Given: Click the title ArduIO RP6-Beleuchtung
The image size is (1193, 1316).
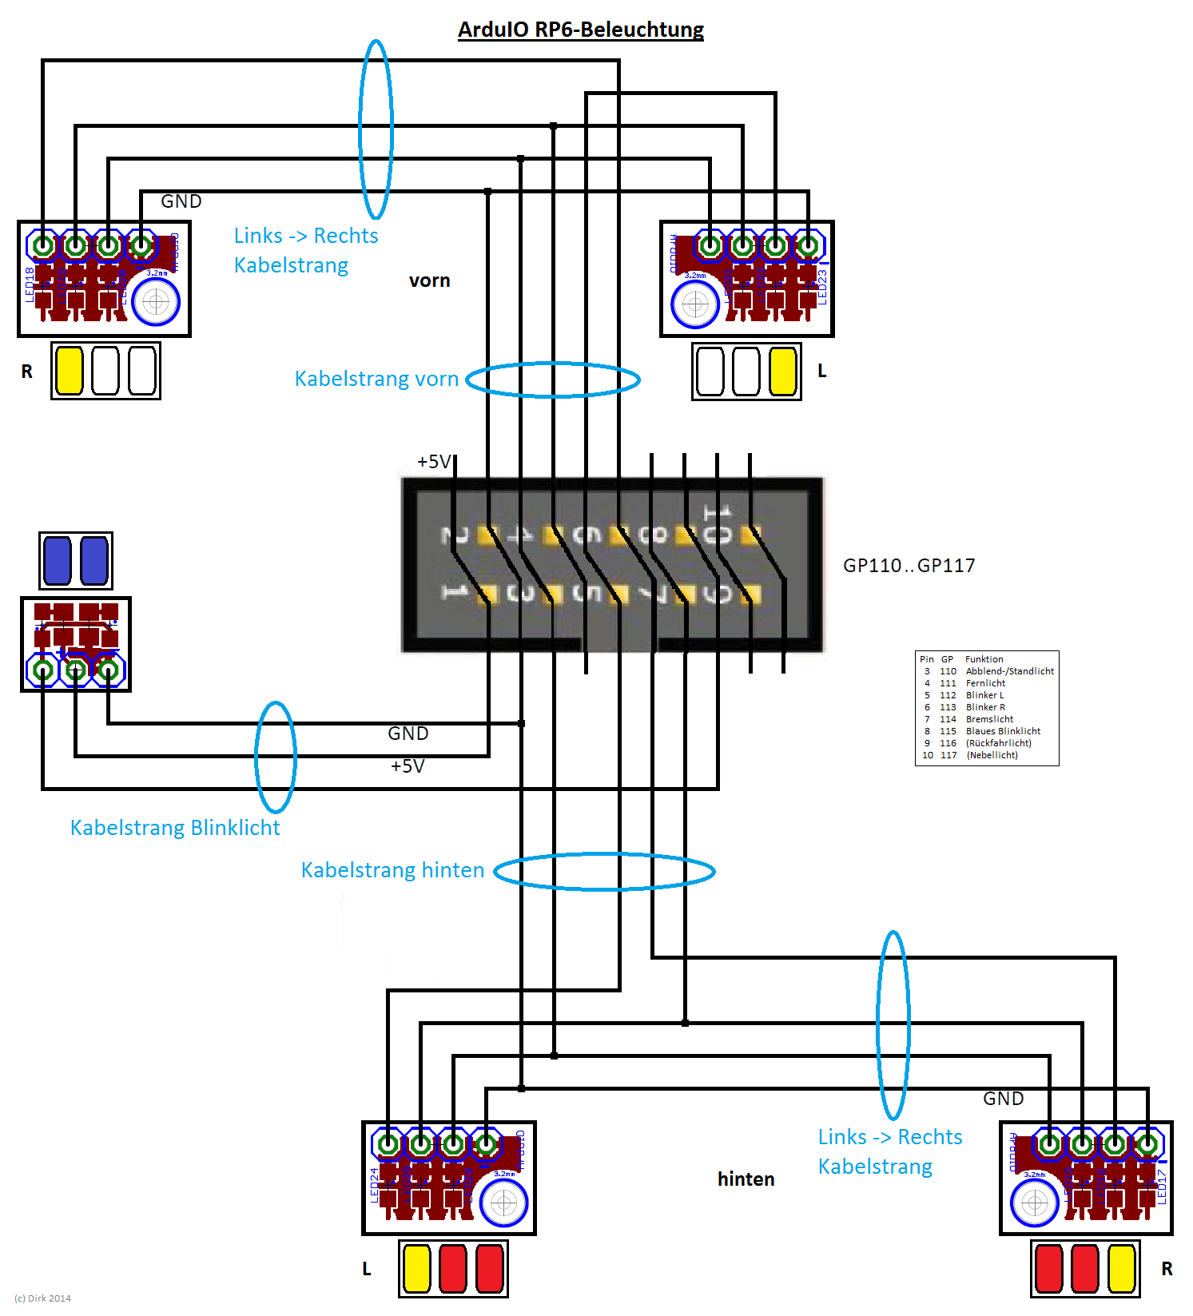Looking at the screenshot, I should (x=581, y=30).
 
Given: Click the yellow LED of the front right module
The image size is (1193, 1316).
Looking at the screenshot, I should (x=70, y=371).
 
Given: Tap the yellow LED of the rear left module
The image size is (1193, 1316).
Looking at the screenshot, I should (x=416, y=1269).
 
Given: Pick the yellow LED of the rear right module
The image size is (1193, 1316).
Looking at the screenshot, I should (x=1121, y=1269).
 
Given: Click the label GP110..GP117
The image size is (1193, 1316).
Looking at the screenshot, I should (x=909, y=566).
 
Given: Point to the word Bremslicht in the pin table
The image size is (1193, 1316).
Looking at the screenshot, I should (x=989, y=719).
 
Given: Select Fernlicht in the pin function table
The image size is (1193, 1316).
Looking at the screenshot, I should (x=985, y=683).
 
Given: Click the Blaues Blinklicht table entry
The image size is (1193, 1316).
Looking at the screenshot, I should (x=1003, y=731).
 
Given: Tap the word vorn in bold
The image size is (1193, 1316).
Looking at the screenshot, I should (x=430, y=280).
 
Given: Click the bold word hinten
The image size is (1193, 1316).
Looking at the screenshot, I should (x=746, y=1179).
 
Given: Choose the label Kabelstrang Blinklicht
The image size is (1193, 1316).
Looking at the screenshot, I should (x=175, y=828).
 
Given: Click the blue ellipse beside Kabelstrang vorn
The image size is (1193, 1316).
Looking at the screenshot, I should (x=553, y=380).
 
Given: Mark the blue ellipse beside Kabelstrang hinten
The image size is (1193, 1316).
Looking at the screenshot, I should (x=604, y=871).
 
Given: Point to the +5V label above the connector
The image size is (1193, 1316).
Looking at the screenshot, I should (x=434, y=461).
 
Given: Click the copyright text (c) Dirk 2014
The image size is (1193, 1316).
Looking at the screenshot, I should (x=43, y=1298).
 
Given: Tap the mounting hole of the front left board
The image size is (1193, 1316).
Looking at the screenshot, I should (x=695, y=304).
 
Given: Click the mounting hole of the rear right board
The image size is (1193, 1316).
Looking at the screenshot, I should (x=1035, y=1203).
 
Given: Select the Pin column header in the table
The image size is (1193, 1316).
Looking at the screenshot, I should (x=927, y=659).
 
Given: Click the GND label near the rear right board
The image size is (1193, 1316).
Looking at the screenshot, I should (x=1004, y=1099).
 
